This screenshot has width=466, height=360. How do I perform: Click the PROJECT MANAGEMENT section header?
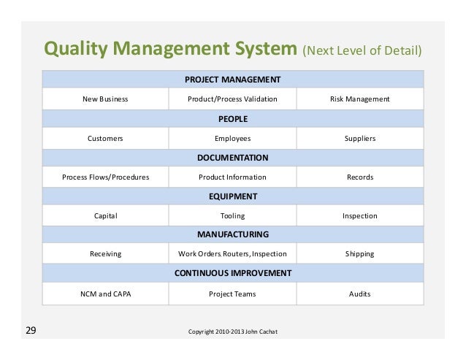(232, 79)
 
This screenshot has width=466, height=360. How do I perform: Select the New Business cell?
(105, 99)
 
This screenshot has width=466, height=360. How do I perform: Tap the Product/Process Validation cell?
(232, 99)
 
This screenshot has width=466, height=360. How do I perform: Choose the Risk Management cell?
(359, 99)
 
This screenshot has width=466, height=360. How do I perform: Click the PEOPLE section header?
(232, 118)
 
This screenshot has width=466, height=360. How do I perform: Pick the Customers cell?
(105, 138)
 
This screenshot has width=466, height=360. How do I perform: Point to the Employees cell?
(232, 138)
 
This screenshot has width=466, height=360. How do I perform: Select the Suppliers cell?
(359, 138)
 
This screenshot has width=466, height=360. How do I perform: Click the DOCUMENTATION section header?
(232, 157)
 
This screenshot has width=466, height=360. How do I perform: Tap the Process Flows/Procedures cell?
(105, 177)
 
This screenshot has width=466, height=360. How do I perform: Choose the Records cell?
(359, 177)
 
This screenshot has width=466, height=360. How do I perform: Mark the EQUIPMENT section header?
(232, 196)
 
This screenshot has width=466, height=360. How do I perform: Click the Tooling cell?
(232, 216)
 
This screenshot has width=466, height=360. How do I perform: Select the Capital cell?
(105, 216)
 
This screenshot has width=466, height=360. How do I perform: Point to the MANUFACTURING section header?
(232, 234)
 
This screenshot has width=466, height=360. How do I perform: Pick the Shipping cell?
(359, 254)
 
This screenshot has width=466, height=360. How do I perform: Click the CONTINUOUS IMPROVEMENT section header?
(232, 273)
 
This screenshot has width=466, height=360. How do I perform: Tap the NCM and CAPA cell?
(105, 294)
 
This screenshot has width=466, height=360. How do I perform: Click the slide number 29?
(31, 332)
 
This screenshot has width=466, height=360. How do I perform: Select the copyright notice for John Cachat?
(232, 333)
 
